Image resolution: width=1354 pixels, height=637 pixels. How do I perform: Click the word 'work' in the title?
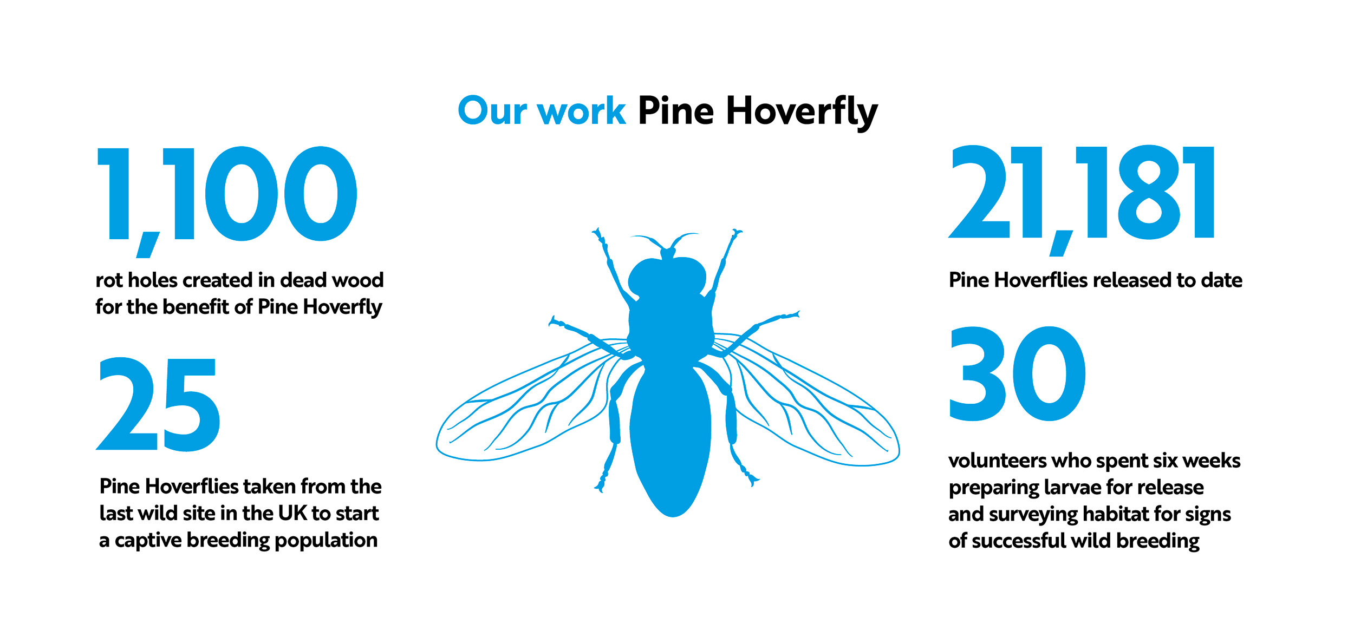pyautogui.click(x=581, y=111)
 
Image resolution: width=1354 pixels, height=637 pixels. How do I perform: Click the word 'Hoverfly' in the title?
pyautogui.click(x=802, y=113)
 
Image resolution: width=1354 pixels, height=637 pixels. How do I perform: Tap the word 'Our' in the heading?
pyautogui.click(x=492, y=110)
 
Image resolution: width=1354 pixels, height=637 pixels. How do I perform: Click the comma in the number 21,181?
pyautogui.click(x=1060, y=243)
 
